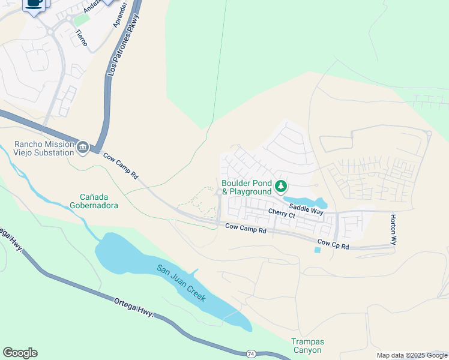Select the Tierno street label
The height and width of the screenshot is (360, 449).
[x=82, y=38]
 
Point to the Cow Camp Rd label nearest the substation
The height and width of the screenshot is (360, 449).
[x=121, y=166]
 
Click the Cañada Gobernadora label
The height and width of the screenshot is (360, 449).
[x=99, y=201]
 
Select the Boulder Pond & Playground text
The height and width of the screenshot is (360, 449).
[x=247, y=187]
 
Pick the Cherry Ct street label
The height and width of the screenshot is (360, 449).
[x=282, y=214]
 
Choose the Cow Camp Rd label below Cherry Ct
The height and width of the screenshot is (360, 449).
[x=246, y=228]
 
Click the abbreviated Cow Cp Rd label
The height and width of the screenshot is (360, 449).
[x=333, y=244]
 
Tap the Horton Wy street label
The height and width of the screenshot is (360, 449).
[x=393, y=229]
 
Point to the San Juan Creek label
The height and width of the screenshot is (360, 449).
[x=181, y=283]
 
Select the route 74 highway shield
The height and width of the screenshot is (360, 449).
[x=251, y=354]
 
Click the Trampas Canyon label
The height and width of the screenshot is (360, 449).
[x=307, y=346]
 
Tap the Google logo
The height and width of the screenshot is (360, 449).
[x=20, y=353]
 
